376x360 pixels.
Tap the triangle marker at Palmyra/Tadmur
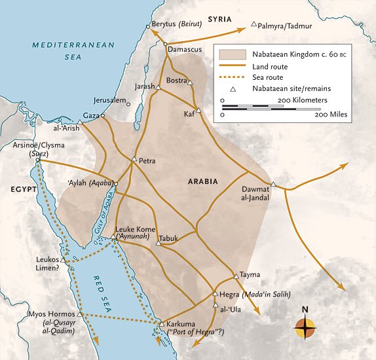(x=254, y=24)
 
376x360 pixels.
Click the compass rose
(x=305, y=327)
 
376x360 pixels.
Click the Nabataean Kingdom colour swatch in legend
(x=233, y=54)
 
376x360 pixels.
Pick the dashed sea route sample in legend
(x=233, y=77)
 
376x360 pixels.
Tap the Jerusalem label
(x=109, y=99)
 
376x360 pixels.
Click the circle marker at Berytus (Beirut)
(x=147, y=26)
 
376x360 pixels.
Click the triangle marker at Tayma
(x=236, y=276)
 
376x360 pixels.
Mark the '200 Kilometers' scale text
(x=302, y=99)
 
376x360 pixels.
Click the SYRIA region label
(x=221, y=19)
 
